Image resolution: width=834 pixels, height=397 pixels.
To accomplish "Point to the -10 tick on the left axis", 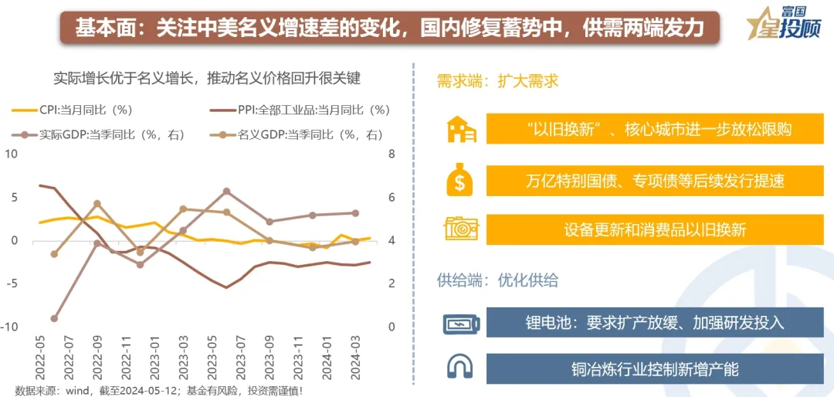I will point(11,327).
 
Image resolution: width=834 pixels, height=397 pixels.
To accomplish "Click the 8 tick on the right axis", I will point(392,154).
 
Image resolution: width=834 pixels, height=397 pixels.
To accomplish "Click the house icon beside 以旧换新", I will point(461,129).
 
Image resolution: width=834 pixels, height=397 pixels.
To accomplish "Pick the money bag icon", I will point(460,179).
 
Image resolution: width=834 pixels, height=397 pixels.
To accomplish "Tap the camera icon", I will point(461,229).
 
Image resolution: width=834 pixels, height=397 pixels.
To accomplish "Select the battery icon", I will point(461,323).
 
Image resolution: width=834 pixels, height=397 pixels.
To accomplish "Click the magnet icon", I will point(461,366).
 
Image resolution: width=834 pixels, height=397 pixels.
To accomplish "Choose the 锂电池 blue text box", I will point(654,323).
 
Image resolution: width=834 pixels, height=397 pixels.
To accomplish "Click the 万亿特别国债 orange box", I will point(654,180).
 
